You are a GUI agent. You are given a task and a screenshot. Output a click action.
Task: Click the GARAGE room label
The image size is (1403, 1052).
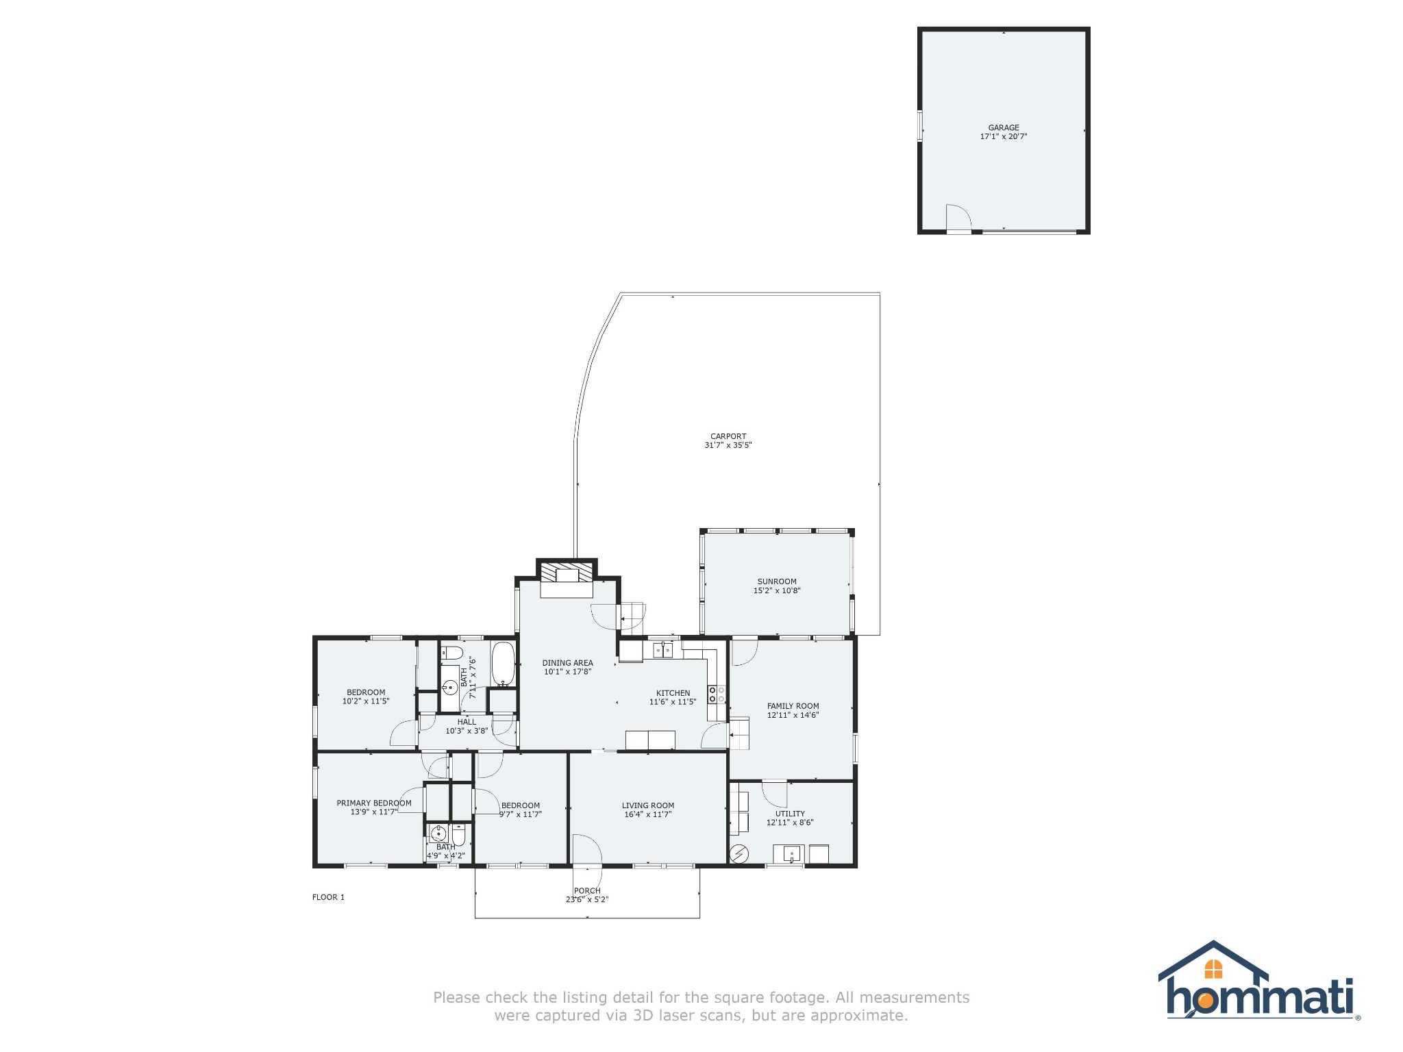pyautogui.click(x=1004, y=127)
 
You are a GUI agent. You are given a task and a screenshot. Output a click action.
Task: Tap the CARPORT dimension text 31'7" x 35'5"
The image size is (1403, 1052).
pyautogui.click(x=728, y=445)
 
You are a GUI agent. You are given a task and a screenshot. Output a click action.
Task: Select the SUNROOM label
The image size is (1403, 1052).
pyautogui.click(x=777, y=581)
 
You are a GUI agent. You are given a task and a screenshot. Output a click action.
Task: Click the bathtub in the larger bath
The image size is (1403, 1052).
pyautogui.click(x=504, y=664)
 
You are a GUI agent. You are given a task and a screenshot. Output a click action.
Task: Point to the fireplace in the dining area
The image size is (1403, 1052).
pyautogui.click(x=567, y=579)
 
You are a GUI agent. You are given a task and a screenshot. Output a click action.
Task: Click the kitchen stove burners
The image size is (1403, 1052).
pyautogui.click(x=717, y=694)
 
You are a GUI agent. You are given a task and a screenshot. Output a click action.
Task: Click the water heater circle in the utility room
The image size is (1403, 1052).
pyautogui.click(x=739, y=853)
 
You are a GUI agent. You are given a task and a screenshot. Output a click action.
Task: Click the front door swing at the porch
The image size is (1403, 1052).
pyautogui.click(x=588, y=851)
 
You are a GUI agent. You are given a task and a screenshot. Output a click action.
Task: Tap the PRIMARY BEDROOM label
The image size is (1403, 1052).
pyautogui.click(x=374, y=803)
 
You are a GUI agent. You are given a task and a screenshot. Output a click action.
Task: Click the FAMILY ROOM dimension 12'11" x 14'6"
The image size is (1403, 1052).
pyautogui.click(x=793, y=715)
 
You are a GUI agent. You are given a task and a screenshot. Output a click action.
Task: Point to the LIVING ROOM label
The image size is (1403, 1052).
pyautogui.click(x=648, y=805)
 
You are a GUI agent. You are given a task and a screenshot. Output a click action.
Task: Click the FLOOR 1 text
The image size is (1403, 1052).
pyautogui.click(x=329, y=897)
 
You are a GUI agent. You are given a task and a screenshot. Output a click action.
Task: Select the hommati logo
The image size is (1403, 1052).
pyautogui.click(x=1259, y=980)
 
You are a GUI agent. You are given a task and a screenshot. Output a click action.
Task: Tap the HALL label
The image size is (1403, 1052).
pyautogui.click(x=467, y=722)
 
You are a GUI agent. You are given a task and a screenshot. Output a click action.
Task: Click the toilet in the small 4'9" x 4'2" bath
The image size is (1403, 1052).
pyautogui.click(x=458, y=836)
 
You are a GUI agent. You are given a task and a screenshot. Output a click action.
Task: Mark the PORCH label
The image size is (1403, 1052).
pyautogui.click(x=587, y=891)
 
